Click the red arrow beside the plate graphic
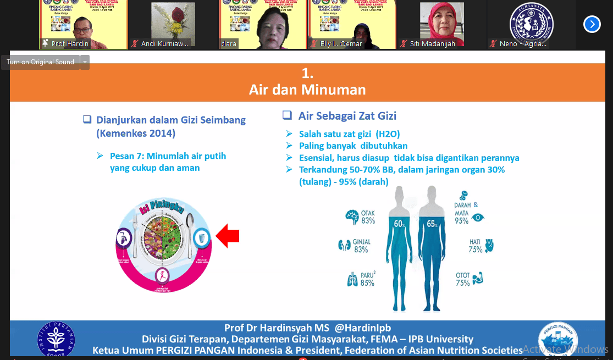point(228,236)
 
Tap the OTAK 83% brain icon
point(351,217)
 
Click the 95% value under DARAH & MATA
point(461,221)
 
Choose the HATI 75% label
point(475,245)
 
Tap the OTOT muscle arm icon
point(478,278)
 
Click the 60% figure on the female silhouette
point(399,224)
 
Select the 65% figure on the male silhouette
point(432,224)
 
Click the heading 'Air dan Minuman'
point(307,89)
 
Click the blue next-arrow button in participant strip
point(592,24)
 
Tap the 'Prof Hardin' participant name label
point(70,43)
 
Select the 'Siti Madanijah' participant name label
point(432,43)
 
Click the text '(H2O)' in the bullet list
point(388,134)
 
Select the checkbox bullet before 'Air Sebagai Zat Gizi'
point(287,115)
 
